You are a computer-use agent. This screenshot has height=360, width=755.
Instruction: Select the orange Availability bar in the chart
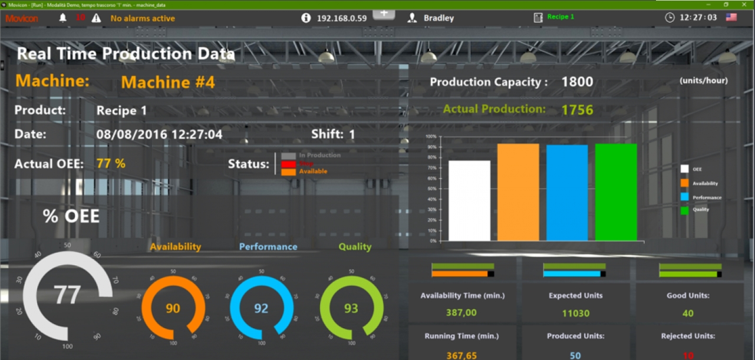(x=518, y=192)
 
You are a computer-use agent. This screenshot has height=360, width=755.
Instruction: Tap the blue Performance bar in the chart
(x=567, y=193)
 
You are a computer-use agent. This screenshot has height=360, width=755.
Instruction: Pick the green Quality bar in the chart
(x=616, y=192)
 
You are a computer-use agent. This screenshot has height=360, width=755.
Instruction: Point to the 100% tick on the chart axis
(x=431, y=136)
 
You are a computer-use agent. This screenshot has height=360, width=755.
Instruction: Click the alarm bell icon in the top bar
(x=63, y=18)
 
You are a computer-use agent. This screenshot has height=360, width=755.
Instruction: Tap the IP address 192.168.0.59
(x=342, y=18)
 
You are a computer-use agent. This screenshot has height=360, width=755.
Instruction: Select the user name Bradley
(x=439, y=18)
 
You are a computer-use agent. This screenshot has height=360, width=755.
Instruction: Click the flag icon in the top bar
(x=731, y=17)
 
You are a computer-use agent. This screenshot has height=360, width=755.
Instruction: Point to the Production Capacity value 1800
(x=577, y=82)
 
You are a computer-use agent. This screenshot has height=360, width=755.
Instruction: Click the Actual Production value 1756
(x=577, y=110)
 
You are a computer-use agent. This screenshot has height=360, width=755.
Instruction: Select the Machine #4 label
(x=168, y=82)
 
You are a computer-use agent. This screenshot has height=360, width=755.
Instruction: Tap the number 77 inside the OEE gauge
(x=67, y=295)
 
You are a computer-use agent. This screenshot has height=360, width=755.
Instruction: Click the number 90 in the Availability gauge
(x=173, y=308)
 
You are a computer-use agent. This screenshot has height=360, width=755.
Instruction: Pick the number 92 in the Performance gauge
(x=261, y=308)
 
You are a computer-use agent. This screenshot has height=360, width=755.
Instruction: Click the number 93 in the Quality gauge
(x=351, y=308)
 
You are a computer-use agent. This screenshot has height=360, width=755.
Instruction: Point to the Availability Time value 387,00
(x=461, y=313)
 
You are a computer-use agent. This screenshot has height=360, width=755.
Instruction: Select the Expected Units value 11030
(x=576, y=313)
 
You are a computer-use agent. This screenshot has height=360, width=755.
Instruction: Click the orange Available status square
(x=288, y=172)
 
